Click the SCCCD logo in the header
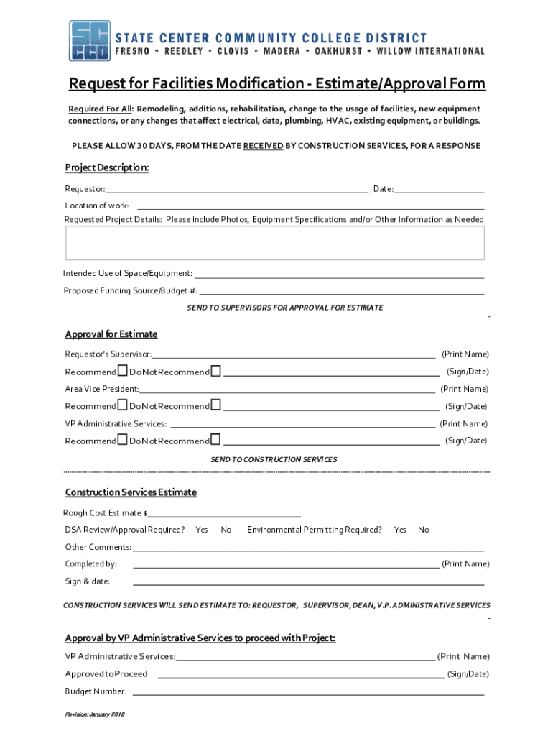pos(90,41)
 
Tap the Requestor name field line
pos(237,189)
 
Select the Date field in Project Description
pos(439,189)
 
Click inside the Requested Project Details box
pos(275,243)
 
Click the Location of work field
pos(309,206)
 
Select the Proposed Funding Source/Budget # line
pos(341,290)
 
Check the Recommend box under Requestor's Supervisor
pos(122,371)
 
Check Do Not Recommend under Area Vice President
pos(216,405)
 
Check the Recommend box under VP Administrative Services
pos(122,440)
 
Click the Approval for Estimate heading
pos(111,334)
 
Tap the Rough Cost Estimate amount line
pos(224,513)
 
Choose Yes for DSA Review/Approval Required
pos(202,530)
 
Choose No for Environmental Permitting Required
pos(424,530)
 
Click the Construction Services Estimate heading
pos(131,492)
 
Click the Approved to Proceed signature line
pos(300,674)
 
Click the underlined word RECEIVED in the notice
pos(263,146)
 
